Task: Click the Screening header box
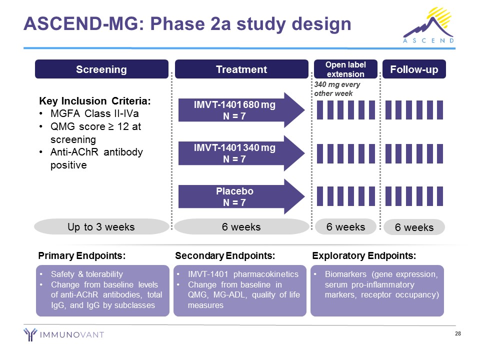[x=101, y=69]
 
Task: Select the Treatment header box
[x=241, y=69]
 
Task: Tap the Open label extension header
[x=345, y=69]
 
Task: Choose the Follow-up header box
[x=413, y=69]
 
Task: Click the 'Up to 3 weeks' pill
[x=101, y=227]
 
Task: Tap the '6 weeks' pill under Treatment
[x=241, y=227]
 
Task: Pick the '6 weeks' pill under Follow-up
[x=414, y=227]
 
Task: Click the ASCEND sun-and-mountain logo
[x=428, y=25]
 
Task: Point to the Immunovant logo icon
[x=30, y=334]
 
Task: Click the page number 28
[x=457, y=333]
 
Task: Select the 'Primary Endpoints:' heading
[x=81, y=255]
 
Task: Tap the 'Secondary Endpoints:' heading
[x=225, y=255]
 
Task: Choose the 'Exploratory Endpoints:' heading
[x=364, y=255]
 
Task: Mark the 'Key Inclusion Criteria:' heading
[x=95, y=100]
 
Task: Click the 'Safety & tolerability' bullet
[x=86, y=274]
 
